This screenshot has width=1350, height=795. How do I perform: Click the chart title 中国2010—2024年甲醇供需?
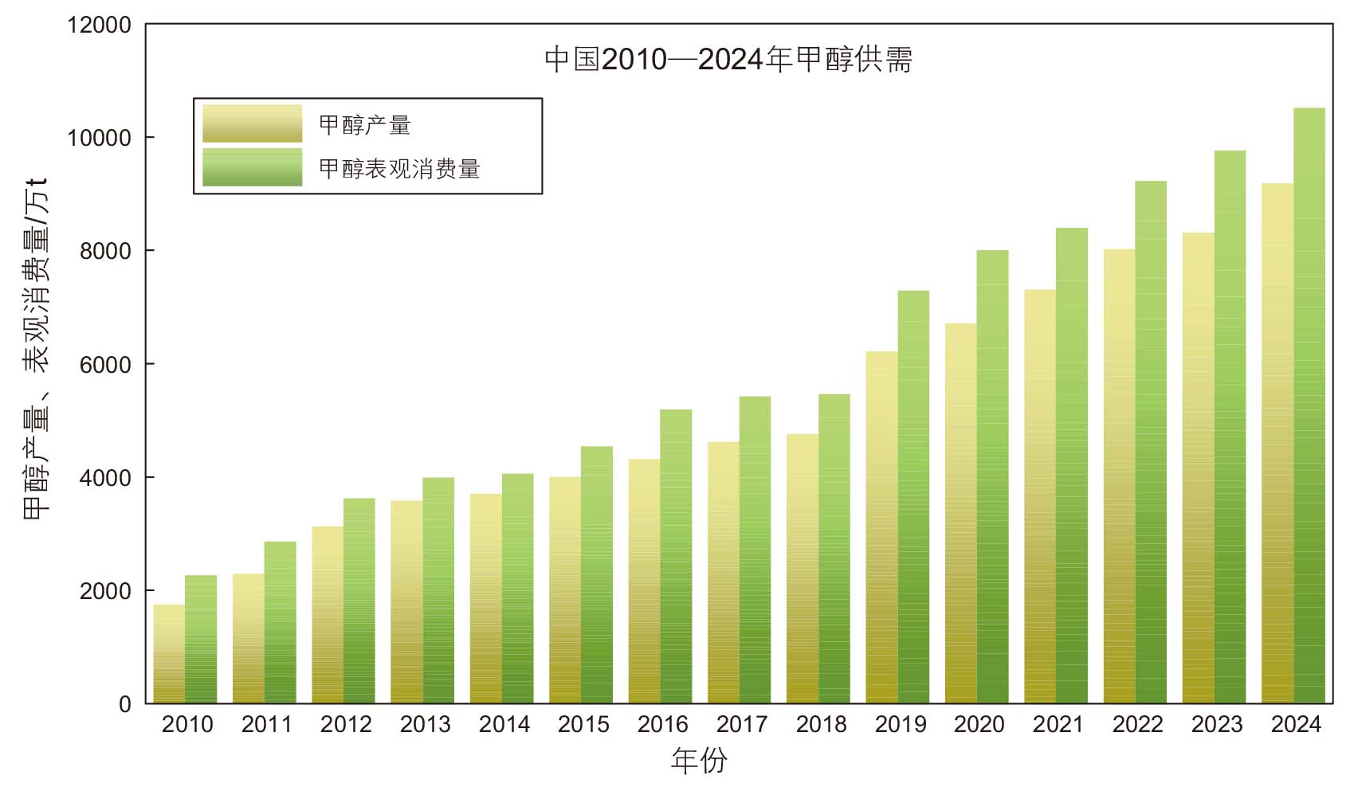tap(728, 60)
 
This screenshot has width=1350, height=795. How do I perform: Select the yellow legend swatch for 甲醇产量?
tap(253, 123)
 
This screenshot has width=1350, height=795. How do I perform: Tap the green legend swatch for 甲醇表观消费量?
tap(253, 166)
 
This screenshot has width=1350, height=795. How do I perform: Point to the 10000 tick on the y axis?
tap(99, 138)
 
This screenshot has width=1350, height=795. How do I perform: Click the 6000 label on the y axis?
tap(105, 364)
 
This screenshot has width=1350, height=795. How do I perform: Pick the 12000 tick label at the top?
tap(99, 25)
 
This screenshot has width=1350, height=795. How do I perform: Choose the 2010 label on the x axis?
tap(187, 724)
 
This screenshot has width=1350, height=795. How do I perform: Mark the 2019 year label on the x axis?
tap(901, 724)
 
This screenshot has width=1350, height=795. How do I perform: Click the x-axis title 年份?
tap(699, 760)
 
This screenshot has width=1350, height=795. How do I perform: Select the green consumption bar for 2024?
tap(1309, 406)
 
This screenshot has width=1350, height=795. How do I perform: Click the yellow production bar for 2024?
tap(1277, 443)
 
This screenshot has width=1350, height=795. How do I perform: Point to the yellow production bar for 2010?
tap(170, 654)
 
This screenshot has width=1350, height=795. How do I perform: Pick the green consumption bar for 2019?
tap(913, 497)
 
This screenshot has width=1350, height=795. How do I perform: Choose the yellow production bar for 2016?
tap(644, 582)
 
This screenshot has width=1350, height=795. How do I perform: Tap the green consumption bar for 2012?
tap(359, 601)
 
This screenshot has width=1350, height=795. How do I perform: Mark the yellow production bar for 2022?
tap(1119, 476)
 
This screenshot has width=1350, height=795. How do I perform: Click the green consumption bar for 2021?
tap(1072, 465)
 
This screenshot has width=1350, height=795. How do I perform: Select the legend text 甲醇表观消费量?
tap(399, 169)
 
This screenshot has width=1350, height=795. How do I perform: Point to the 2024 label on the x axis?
tap(1297, 724)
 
